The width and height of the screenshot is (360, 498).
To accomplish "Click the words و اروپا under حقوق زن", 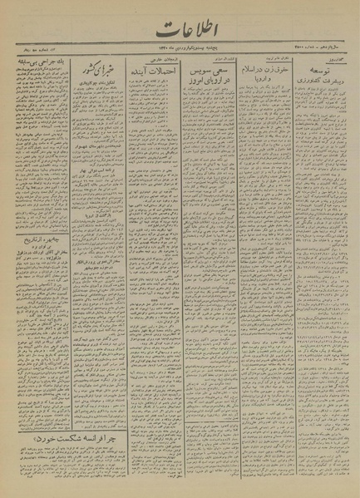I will [x=259, y=92].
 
